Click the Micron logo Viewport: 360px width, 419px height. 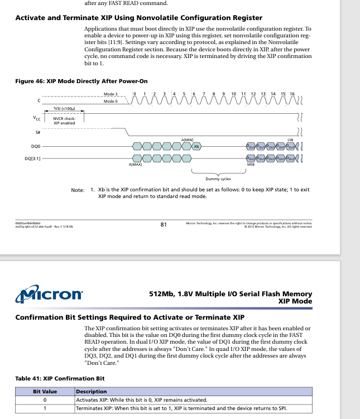click(x=49, y=294)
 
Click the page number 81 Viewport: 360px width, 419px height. click(x=164, y=225)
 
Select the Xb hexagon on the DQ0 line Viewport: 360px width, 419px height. click(x=196, y=146)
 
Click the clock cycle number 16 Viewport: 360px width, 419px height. click(x=292, y=94)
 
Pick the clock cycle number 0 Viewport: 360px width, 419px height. click(x=135, y=94)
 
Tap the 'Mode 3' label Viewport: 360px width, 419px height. click(x=110, y=94)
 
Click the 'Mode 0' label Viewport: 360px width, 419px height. click(x=110, y=101)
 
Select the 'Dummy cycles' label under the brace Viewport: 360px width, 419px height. click(x=218, y=179)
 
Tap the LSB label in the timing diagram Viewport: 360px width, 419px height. click(x=290, y=139)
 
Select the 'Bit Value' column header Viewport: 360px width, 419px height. click(x=45, y=392)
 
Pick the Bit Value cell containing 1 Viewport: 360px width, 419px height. click(x=45, y=408)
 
